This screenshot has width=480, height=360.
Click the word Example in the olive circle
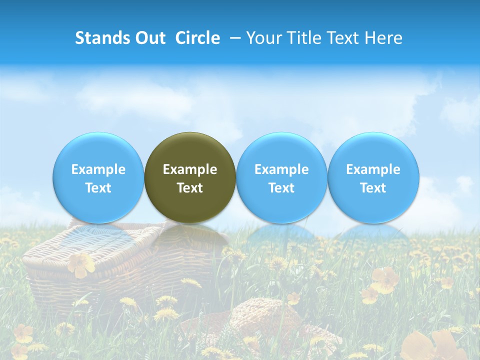pos(190,169)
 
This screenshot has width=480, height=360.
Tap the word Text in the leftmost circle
pos(98,188)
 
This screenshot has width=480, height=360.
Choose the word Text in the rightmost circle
pos(373,188)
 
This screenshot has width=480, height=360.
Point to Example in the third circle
pos(281,169)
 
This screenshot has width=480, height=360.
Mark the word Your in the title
pos(263,38)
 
